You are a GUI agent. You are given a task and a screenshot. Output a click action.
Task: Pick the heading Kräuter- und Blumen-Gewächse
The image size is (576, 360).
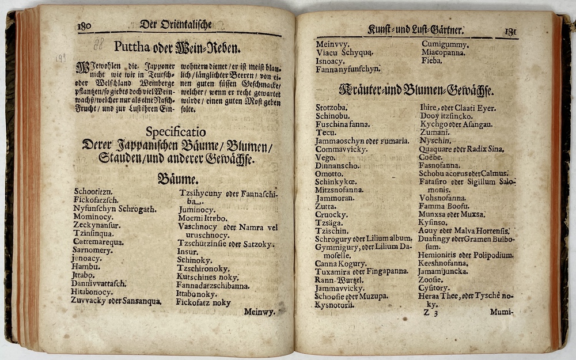point(418,90)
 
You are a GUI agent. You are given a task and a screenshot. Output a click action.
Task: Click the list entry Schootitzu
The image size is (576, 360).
point(93,191)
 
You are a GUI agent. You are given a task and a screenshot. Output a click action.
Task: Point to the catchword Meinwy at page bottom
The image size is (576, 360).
point(259,312)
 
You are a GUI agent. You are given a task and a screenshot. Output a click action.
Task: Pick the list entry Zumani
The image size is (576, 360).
point(435,132)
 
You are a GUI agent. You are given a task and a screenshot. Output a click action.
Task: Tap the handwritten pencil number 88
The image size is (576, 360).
point(98,43)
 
